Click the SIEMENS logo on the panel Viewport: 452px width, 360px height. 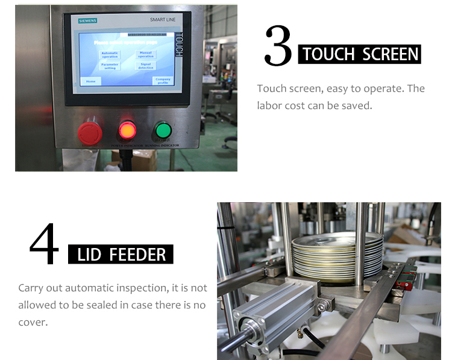(x=88, y=21)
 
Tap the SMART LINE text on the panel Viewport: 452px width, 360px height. (x=163, y=20)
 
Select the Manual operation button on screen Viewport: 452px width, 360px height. (x=146, y=55)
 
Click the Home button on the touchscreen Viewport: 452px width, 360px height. (x=90, y=81)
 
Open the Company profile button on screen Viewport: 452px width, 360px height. (x=162, y=80)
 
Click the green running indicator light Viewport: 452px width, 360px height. (x=163, y=131)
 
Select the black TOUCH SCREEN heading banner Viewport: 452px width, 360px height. (x=360, y=54)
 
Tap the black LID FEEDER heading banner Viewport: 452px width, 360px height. (x=121, y=254)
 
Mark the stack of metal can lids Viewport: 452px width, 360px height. (x=337, y=256)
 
